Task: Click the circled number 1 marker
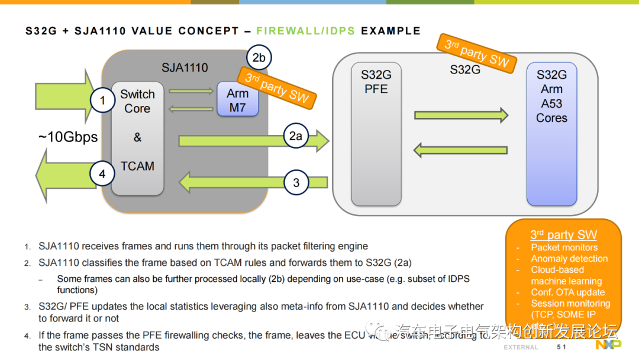coord(102,101)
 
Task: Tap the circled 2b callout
coord(259,57)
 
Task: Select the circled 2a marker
coord(296,136)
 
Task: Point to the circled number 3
coord(296,182)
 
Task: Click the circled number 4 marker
coord(102,174)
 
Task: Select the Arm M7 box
coord(237,100)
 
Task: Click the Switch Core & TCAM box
coord(137,138)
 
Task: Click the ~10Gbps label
coord(68,137)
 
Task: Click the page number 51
coord(561,346)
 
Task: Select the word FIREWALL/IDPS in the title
coord(306,31)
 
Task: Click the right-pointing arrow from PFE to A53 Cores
coord(460,114)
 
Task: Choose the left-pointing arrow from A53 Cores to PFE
coord(460,150)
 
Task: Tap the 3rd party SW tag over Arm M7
coord(277,86)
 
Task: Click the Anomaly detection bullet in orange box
coord(569,259)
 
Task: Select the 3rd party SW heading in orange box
coord(563,235)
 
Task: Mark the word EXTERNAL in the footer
coord(521,347)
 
